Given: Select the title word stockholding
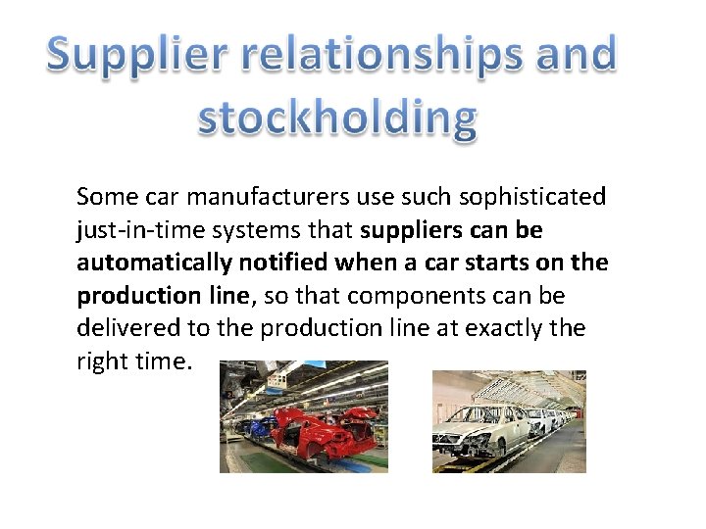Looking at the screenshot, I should click(x=337, y=119).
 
